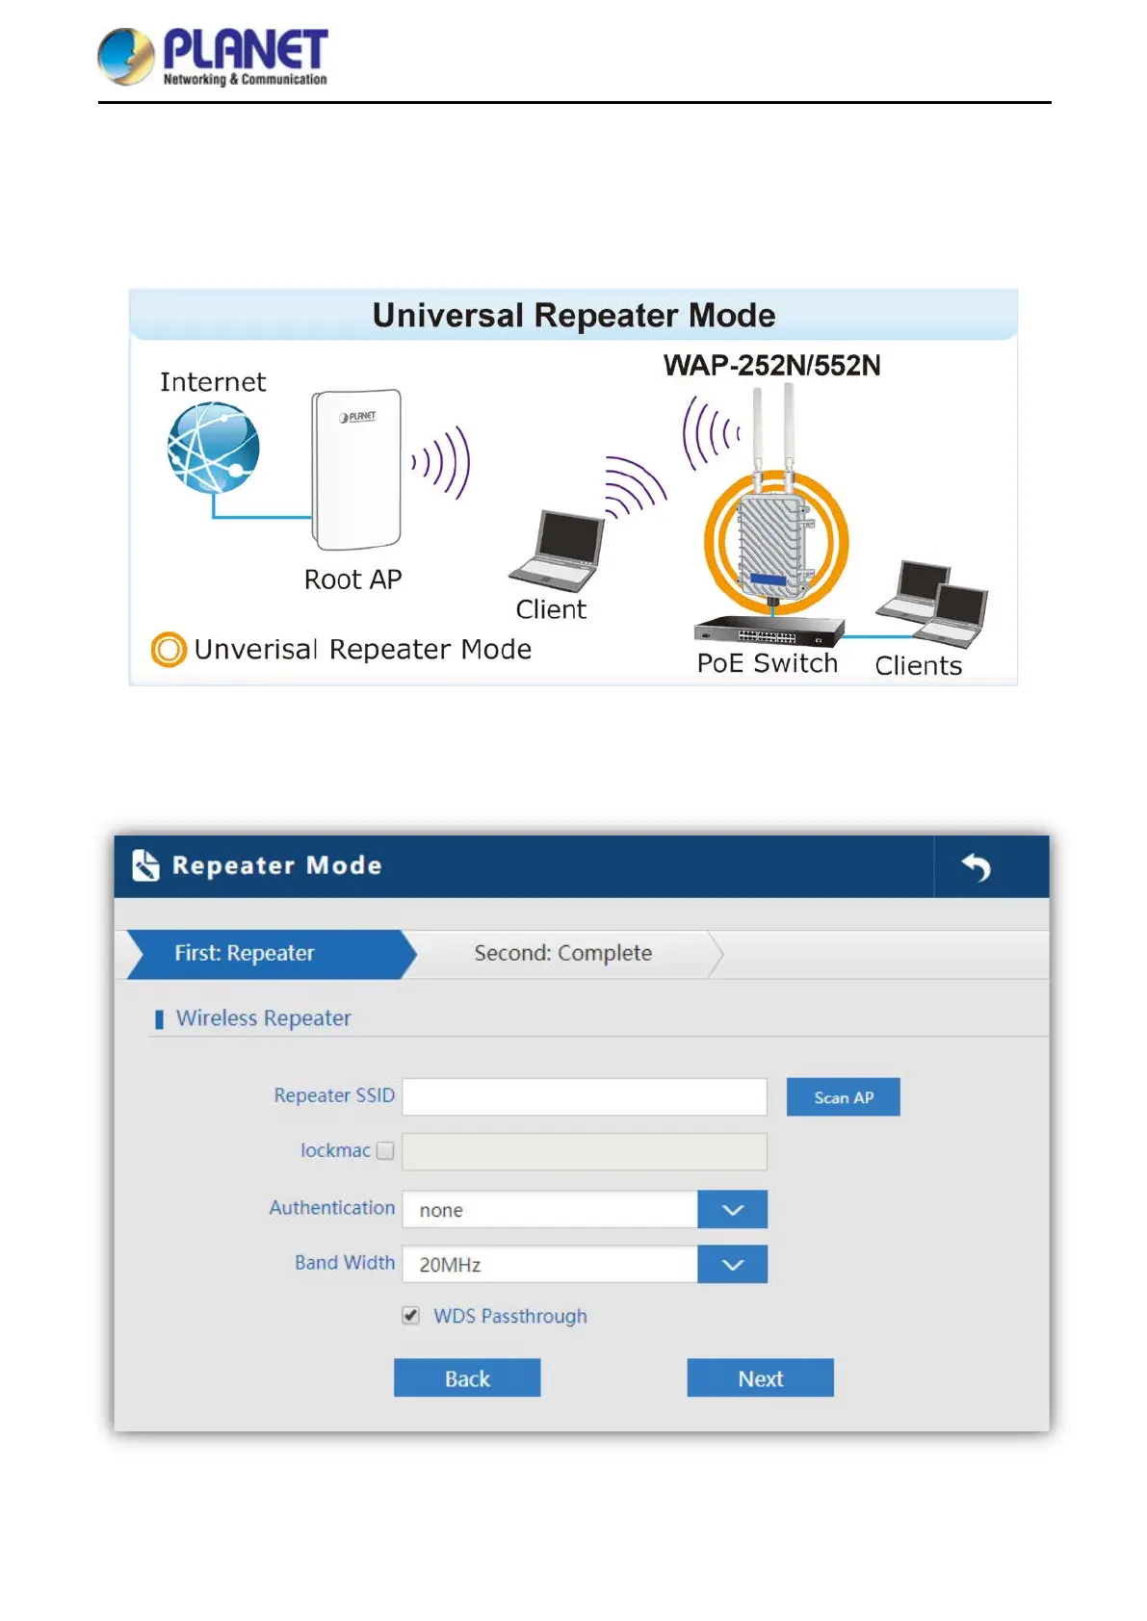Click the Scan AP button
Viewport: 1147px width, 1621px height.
(843, 1097)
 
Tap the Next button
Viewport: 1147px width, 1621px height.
(760, 1378)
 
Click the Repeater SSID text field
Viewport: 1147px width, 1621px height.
(584, 1097)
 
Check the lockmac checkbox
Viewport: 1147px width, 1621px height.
(385, 1151)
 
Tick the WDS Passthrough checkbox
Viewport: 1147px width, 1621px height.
(411, 1316)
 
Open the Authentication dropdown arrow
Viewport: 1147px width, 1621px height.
(732, 1210)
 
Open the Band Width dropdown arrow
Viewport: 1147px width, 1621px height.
(732, 1265)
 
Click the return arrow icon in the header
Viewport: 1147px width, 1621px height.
(977, 867)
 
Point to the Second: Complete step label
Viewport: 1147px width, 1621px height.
(562, 954)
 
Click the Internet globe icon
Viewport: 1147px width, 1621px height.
(213, 448)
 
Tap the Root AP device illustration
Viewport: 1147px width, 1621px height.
(356, 469)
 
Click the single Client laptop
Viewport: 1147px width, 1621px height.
(559, 551)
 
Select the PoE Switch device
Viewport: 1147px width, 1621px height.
(768, 631)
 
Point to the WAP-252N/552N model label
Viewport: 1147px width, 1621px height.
(771, 366)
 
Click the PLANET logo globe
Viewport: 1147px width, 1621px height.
(126, 56)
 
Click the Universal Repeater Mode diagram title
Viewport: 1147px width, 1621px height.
(574, 316)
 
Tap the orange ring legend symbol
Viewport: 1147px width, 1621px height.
(169, 650)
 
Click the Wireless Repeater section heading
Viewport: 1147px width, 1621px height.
(263, 1018)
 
